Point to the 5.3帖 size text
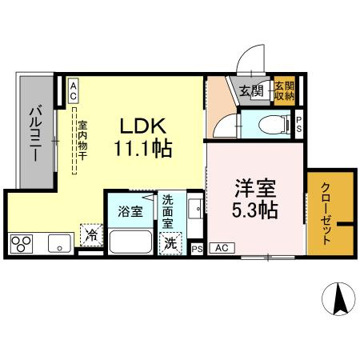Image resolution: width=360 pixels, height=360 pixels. click(255, 211)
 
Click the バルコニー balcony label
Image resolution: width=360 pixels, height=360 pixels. click(36, 133)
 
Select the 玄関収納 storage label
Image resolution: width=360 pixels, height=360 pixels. click(284, 90)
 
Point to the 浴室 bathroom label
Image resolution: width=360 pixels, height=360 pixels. click(130, 212)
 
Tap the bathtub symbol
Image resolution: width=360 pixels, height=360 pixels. click(134, 242)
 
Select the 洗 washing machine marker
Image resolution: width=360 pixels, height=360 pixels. click(170, 243)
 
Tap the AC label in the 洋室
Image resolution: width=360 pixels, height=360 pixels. click(222, 249)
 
